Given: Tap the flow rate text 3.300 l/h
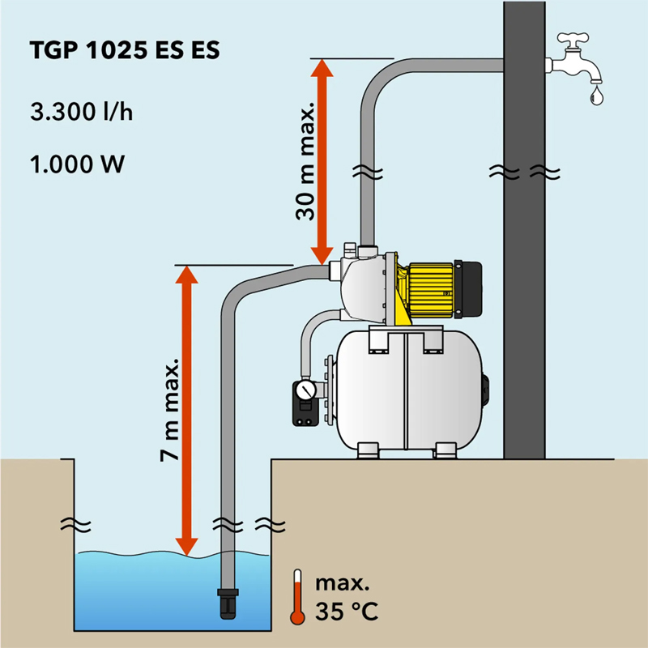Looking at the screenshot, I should click(x=80, y=112).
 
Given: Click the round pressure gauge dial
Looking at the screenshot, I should click(x=304, y=390).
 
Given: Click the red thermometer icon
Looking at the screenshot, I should click(x=297, y=597).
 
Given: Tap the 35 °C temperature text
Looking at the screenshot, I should click(x=346, y=608).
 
